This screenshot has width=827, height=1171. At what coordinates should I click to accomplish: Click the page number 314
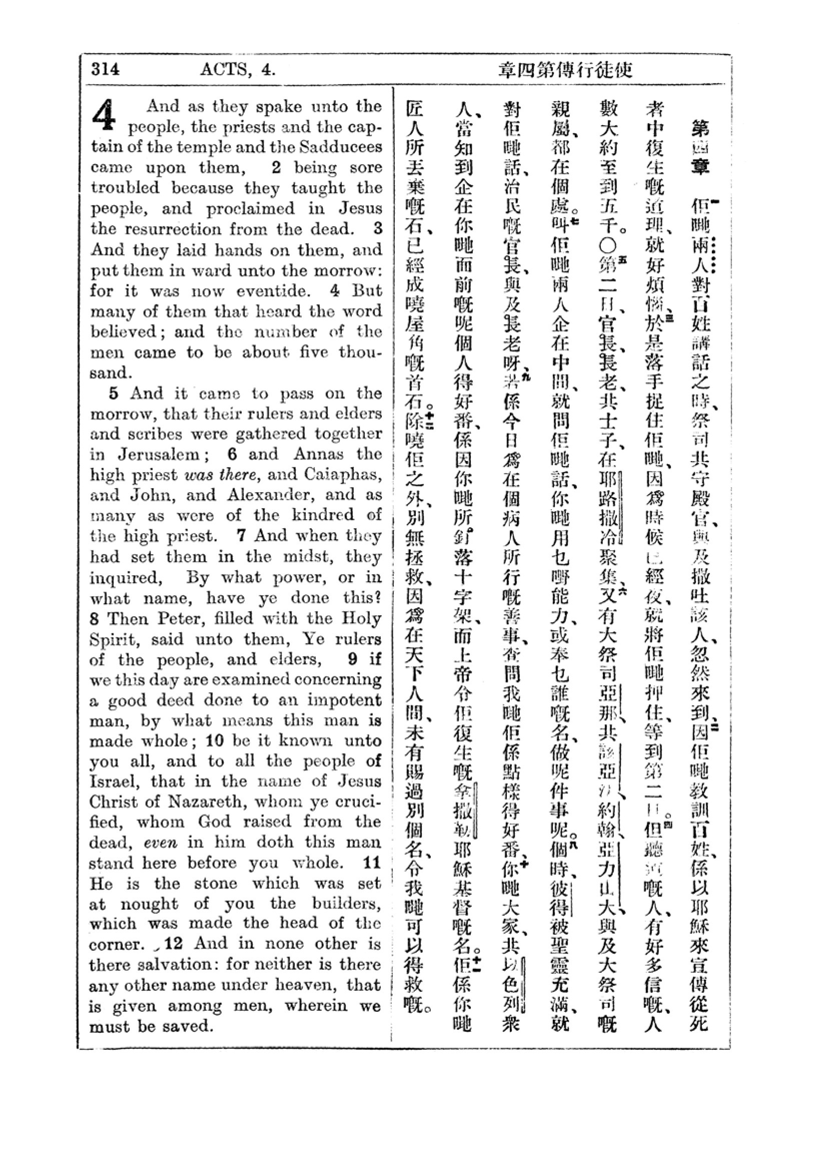[106, 69]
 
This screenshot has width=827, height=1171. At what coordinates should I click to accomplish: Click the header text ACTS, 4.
[238, 69]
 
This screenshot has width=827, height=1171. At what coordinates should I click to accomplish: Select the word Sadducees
[340, 147]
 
